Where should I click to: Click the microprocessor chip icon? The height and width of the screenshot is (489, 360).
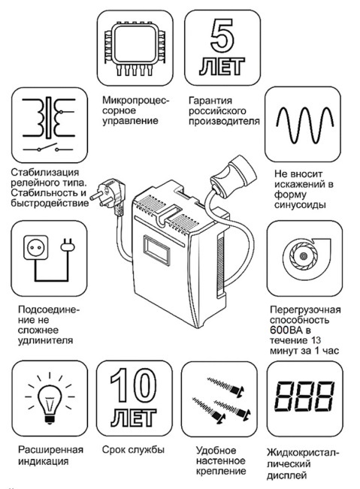(135, 48)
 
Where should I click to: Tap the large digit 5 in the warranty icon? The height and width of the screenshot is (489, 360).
(222, 36)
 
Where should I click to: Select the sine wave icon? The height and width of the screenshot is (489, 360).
(305, 125)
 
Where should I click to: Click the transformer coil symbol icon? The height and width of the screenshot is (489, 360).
(49, 118)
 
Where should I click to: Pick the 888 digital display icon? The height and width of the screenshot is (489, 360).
(304, 396)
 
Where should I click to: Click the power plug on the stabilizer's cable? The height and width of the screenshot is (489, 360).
(108, 195)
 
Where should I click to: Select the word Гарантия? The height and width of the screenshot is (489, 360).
(210, 101)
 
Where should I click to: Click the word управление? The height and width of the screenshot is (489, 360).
(130, 121)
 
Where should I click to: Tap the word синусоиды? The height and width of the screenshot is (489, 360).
(300, 205)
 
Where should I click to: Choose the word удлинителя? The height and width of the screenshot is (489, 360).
(45, 340)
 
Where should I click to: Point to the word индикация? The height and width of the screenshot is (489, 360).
(43, 461)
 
